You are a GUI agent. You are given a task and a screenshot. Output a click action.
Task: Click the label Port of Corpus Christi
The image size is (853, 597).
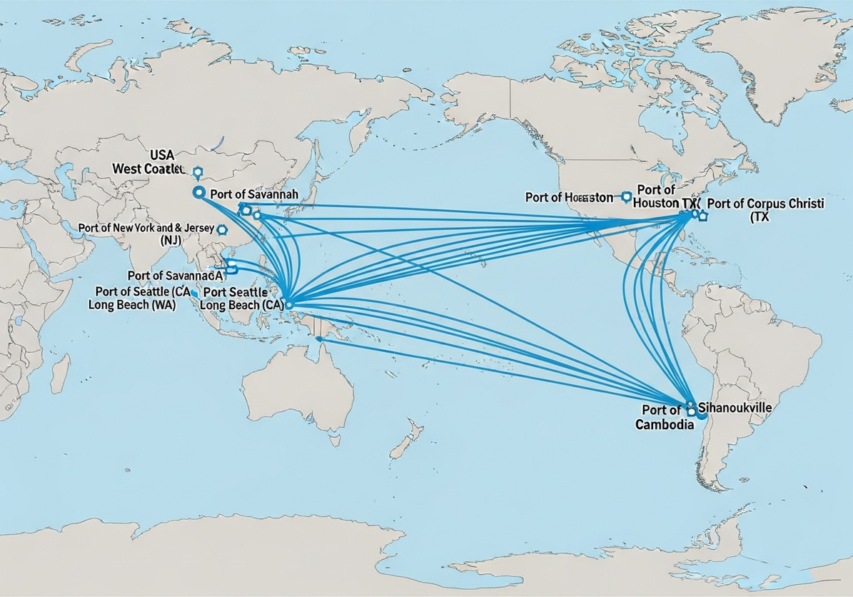[x=764, y=204]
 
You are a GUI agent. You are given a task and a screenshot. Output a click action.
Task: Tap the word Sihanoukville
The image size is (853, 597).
[x=735, y=408]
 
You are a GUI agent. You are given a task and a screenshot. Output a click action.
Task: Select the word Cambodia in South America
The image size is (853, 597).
[x=665, y=424]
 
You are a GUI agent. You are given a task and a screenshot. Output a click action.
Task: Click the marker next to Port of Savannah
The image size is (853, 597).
[x=198, y=192]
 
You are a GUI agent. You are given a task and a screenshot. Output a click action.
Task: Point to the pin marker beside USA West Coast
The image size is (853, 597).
[x=198, y=171]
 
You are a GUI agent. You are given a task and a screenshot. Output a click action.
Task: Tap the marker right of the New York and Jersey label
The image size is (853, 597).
[x=221, y=230]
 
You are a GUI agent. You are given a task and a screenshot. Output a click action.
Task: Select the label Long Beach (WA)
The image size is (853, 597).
[x=131, y=304]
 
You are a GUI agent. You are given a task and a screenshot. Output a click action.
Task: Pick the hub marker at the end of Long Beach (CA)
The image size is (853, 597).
[x=288, y=305]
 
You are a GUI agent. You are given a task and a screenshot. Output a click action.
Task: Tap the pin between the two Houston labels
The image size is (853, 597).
[x=626, y=196]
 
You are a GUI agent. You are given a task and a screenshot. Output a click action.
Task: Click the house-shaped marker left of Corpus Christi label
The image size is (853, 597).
[x=702, y=215]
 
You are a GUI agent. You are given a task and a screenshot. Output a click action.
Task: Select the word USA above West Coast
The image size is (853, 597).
[x=162, y=154]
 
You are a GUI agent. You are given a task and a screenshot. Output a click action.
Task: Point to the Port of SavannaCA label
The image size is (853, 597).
[x=176, y=275]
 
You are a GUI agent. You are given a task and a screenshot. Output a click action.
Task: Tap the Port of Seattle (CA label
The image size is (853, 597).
[x=133, y=291]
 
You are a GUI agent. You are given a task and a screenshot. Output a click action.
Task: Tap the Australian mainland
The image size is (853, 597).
[x=296, y=389]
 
